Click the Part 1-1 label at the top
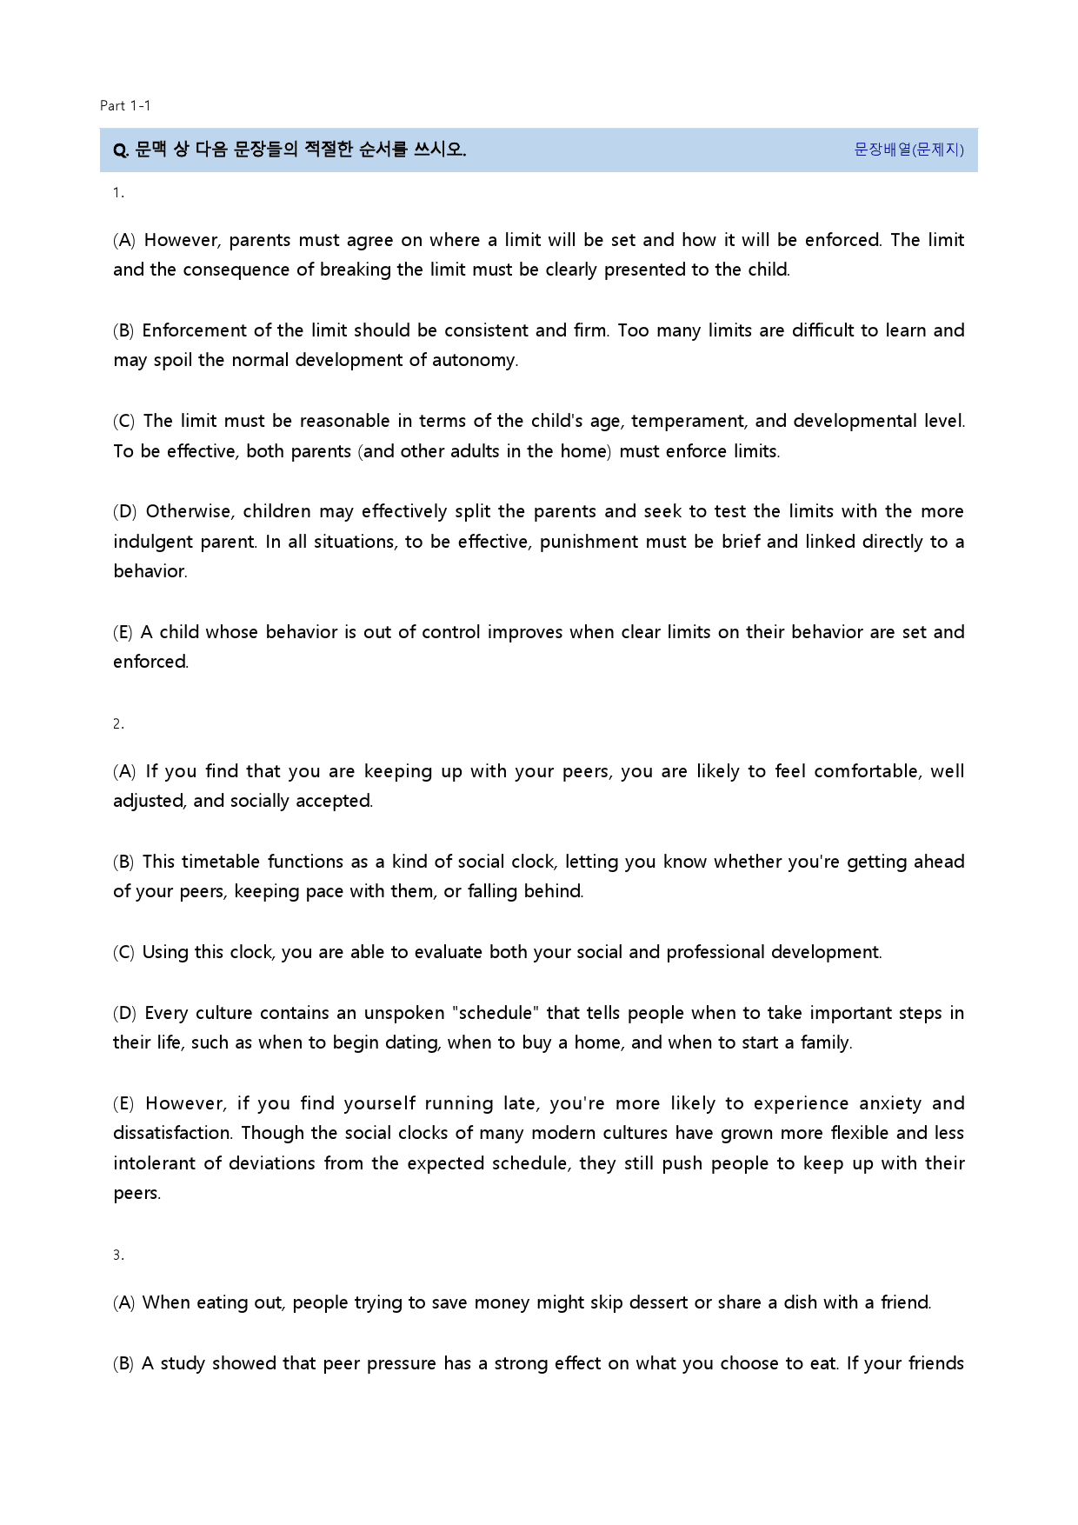click(125, 106)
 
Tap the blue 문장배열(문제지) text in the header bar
click(908, 150)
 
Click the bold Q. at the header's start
click(121, 150)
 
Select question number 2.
click(118, 723)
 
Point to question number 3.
click(118, 1255)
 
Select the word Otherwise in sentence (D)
click(189, 511)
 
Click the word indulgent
click(153, 542)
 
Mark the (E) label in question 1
click(123, 632)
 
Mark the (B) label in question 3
click(123, 1363)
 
